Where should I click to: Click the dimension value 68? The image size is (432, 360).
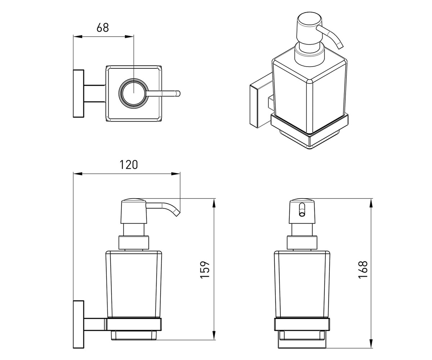point(103,28)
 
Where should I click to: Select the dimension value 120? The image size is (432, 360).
point(129,165)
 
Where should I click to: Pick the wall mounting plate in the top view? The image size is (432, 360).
point(78,94)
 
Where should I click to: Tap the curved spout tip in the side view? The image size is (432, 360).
point(176,213)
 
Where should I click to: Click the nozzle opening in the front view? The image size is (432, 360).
point(302,210)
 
